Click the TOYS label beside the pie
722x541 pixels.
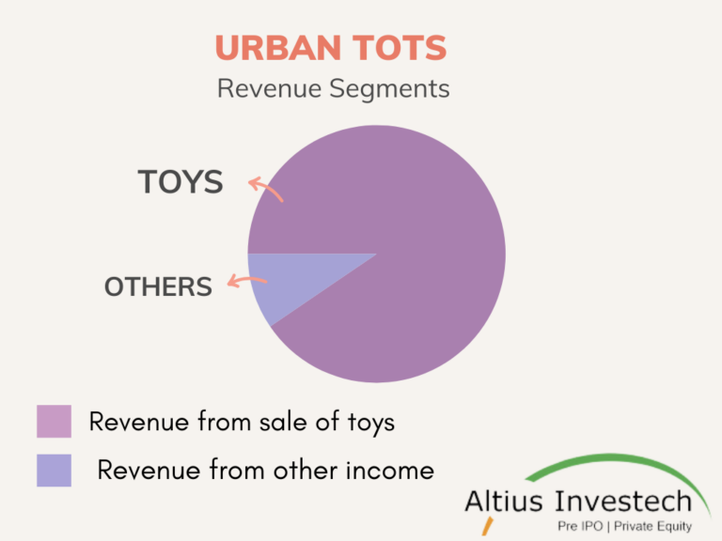click(180, 181)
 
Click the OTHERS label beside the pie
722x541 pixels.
click(158, 286)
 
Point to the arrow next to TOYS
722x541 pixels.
click(265, 188)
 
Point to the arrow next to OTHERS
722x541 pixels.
click(246, 281)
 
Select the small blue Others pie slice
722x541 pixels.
click(282, 282)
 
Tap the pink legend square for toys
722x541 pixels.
click(54, 422)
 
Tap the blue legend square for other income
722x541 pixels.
click(54, 471)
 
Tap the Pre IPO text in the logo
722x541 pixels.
click(580, 527)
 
